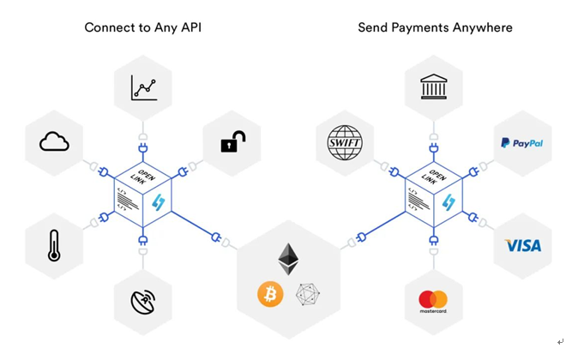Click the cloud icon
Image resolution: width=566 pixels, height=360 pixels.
[x=54, y=141]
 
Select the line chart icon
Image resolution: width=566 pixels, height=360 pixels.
[x=143, y=88]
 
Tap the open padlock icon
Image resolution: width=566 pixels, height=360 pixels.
[x=232, y=141]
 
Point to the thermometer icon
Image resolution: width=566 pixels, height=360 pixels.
[x=54, y=245]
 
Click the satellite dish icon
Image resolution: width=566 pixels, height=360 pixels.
[x=143, y=302]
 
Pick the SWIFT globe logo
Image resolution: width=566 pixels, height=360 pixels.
[x=345, y=143]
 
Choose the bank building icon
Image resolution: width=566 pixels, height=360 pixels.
[x=433, y=87]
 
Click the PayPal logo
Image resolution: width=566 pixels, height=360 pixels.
[x=521, y=143]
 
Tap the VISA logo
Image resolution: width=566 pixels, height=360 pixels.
[x=522, y=246]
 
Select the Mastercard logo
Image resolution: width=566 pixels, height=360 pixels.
[x=433, y=301]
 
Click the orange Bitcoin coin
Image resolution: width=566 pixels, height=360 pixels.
[x=270, y=294]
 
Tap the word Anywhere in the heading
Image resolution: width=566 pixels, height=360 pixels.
[x=484, y=27]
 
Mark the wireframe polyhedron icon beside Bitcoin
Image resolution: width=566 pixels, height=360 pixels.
[x=308, y=294]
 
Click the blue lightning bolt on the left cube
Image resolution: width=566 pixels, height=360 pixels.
[x=159, y=202]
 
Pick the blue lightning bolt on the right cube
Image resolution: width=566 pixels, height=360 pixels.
[x=449, y=202]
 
